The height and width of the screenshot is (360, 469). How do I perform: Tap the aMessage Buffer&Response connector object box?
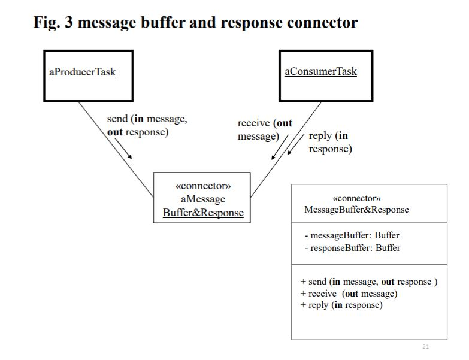point(202,198)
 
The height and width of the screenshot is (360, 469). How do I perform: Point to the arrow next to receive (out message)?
point(280,147)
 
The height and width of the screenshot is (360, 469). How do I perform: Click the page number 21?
point(426,347)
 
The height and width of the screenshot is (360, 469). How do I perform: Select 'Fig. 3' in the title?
point(53,23)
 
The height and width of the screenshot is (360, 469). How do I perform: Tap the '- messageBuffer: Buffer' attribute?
point(352,235)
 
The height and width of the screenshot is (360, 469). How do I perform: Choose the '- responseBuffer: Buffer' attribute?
point(352,247)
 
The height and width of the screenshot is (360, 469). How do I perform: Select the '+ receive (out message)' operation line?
point(349,294)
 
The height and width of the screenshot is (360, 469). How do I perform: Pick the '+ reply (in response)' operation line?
point(341,305)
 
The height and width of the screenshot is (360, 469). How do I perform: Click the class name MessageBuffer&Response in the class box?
point(356,210)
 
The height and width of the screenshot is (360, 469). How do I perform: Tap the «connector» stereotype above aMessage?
point(202,186)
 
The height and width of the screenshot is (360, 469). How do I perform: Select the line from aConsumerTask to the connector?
point(286,150)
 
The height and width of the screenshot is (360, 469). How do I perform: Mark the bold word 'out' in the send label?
point(114,132)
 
